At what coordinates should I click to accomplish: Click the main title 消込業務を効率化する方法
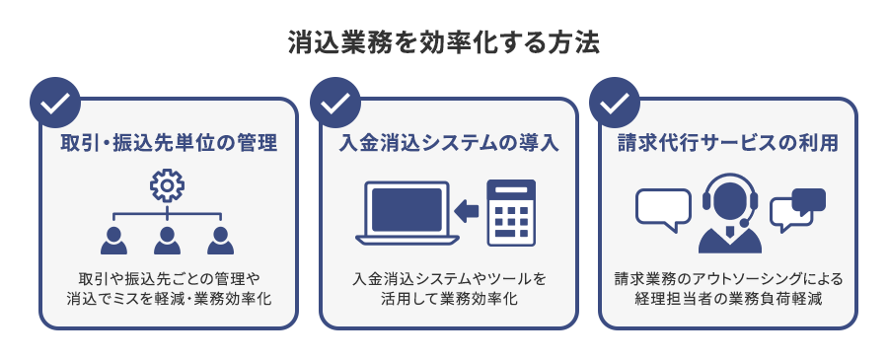[x=444, y=44]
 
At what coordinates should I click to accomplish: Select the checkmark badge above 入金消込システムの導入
[x=334, y=103]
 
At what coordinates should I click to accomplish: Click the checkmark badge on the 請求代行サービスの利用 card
[x=614, y=103]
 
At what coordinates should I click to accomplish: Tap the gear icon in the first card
[x=167, y=184]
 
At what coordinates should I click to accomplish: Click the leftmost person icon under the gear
[x=114, y=240]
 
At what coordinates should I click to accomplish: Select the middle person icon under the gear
[x=167, y=240]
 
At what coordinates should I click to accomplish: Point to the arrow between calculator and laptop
[x=466, y=210]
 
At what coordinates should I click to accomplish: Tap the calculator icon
[x=511, y=211]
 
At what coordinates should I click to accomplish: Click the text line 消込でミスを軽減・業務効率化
[x=167, y=297]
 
